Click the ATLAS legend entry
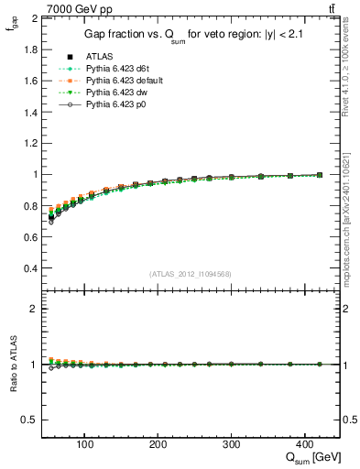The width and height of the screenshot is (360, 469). click(98, 57)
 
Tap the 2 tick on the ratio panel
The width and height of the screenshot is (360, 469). click(34, 309)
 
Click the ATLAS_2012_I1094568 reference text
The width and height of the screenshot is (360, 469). click(190, 274)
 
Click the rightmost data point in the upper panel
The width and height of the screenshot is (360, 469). click(320, 174)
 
